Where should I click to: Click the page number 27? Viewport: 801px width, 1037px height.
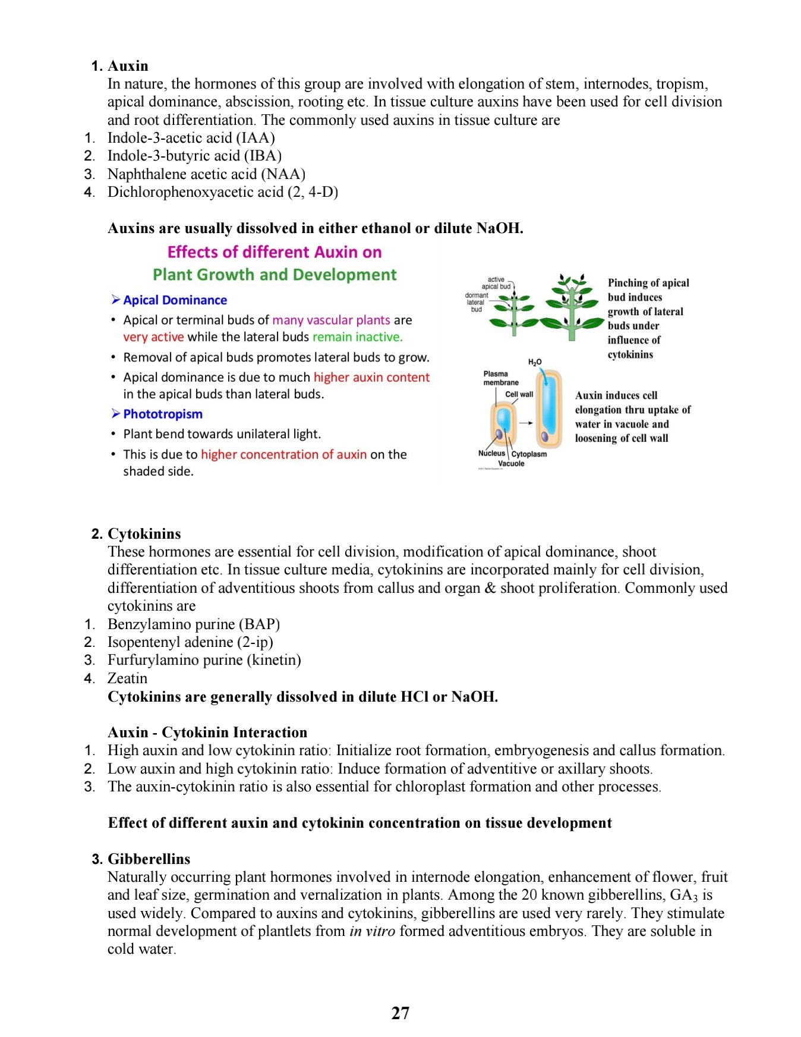pyautogui.click(x=400, y=1013)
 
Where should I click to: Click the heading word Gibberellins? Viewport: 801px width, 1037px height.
pyautogui.click(x=149, y=859)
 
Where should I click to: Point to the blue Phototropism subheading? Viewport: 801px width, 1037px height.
pyautogui.click(x=162, y=414)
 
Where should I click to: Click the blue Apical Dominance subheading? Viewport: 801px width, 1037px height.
pyautogui.click(x=175, y=300)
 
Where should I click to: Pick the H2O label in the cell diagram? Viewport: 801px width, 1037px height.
pyautogui.click(x=534, y=362)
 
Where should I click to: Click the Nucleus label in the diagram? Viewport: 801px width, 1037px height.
pyautogui.click(x=491, y=453)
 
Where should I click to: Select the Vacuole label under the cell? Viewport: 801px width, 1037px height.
pyautogui.click(x=511, y=464)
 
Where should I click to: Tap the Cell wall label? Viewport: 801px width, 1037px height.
pyautogui.click(x=519, y=394)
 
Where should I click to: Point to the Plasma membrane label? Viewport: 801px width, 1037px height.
pyautogui.click(x=500, y=378)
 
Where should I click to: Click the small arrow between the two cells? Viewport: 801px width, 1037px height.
pyautogui.click(x=525, y=423)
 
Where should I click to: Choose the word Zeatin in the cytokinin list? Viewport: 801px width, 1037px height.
pyautogui.click(x=127, y=678)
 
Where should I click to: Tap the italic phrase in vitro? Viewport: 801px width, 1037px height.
pyautogui.click(x=372, y=931)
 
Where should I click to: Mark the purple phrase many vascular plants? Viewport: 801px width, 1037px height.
pyautogui.click(x=331, y=320)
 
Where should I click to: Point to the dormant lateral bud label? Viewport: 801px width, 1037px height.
pyautogui.click(x=476, y=302)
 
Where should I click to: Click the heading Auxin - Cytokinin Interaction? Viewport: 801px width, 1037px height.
pyautogui.click(x=207, y=733)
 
